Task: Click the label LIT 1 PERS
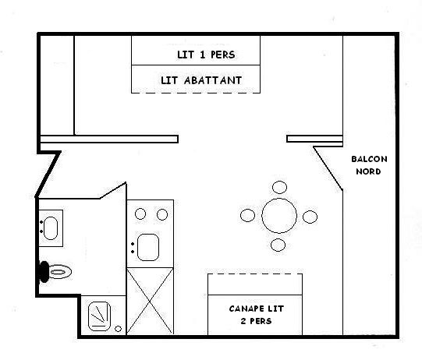pos(206,55)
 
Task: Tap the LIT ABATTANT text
pos(201,80)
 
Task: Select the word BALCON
pos(369,159)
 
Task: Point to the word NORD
pos(368,171)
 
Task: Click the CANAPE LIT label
pos(256,309)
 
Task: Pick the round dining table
pos(279,216)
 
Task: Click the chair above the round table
pos(279,187)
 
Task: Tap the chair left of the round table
pos(247,215)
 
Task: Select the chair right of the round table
pos(310,217)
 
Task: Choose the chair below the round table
pos(278,245)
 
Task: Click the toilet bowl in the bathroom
pos(60,271)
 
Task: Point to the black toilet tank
pos(44,272)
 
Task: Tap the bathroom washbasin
pos(51,228)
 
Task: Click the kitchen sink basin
pos(148,247)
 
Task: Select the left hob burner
pos(140,214)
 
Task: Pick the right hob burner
pos(162,214)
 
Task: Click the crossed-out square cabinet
pos(150,301)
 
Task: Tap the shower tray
pos(99,316)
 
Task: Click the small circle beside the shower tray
pos(118,329)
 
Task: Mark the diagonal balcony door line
pos(328,168)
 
